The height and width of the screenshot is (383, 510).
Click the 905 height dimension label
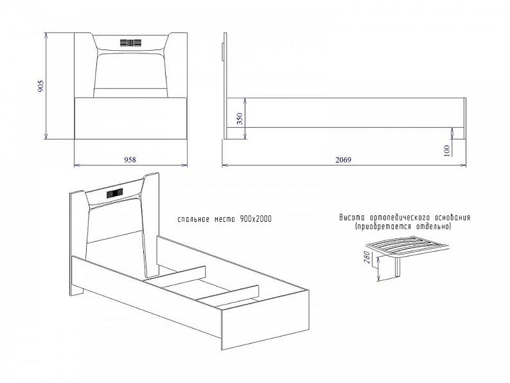point(40,86)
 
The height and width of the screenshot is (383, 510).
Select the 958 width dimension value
point(130,160)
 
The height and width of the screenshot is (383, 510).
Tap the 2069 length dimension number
point(344,160)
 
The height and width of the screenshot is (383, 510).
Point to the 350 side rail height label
point(240,119)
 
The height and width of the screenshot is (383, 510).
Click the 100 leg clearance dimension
point(446,151)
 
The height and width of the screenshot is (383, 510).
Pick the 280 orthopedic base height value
point(367,258)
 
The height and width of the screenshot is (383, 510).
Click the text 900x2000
point(256,219)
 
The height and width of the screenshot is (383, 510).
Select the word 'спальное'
point(193,219)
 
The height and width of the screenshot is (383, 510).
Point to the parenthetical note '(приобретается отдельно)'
point(403,226)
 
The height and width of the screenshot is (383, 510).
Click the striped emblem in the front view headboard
point(131,42)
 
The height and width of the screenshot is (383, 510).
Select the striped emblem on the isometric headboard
point(115,193)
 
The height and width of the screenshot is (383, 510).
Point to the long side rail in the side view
point(345,112)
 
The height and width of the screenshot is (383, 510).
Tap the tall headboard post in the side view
point(225,86)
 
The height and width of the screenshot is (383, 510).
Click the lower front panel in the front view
point(131,118)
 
